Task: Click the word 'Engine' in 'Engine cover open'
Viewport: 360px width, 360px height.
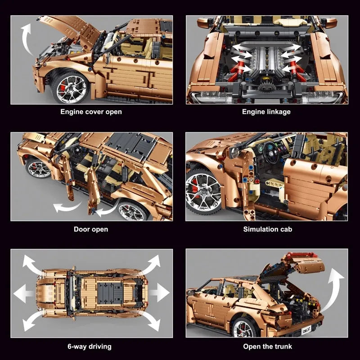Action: [72, 112]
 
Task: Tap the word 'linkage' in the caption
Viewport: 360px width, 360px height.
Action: [279, 112]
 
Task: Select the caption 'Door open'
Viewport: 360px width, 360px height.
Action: [91, 229]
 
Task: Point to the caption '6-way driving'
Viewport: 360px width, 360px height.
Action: [90, 346]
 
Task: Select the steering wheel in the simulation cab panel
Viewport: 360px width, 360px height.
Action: [271, 152]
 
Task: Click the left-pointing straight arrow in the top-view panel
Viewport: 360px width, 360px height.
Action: [23, 293]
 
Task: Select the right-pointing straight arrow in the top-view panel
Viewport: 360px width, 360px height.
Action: [159, 292]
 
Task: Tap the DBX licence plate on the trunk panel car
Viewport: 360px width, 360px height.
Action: [306, 331]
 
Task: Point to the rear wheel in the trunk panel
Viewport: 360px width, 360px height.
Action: [243, 327]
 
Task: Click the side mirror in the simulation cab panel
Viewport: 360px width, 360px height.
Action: [234, 152]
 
